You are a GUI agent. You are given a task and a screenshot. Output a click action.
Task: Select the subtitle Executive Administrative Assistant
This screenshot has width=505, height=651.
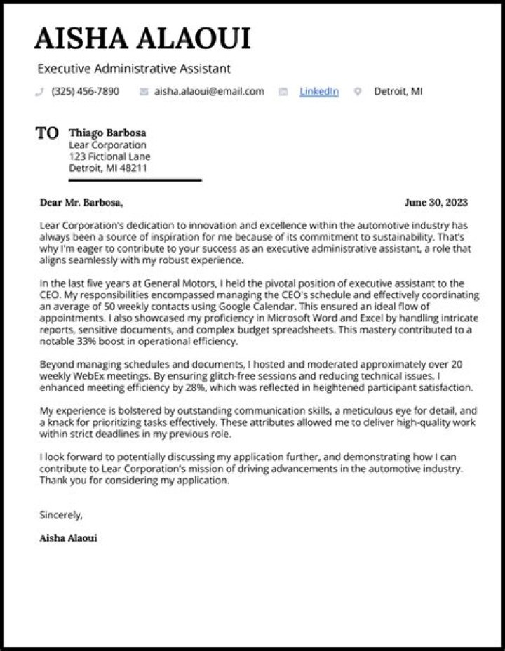coord(134,69)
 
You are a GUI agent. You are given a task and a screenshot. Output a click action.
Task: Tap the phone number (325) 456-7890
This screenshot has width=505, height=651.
coord(85,91)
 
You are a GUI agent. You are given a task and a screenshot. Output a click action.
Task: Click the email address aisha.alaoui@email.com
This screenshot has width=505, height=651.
coord(209,91)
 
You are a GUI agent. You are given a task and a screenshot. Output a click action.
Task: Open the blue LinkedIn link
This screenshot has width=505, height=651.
coord(318,91)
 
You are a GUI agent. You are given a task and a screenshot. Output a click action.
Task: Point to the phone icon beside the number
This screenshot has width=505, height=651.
coord(39,92)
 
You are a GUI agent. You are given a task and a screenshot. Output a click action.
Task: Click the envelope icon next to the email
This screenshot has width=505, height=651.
coord(144,92)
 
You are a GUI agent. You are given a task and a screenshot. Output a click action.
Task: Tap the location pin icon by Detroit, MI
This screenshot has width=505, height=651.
coord(358,92)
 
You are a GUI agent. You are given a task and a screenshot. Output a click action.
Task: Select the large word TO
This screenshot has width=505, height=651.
coord(47,133)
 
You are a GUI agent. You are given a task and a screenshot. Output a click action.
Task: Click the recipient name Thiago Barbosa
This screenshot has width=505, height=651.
coord(107,133)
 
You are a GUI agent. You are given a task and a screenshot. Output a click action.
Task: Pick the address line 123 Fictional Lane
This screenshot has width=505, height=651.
coord(109,156)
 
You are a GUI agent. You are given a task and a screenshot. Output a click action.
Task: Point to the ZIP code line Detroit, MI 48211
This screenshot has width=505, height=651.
coord(107,168)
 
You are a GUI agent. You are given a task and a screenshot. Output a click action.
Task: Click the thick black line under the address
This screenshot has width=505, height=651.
coord(119,180)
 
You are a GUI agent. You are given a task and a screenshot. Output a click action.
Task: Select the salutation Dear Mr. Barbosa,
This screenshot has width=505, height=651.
coord(81,203)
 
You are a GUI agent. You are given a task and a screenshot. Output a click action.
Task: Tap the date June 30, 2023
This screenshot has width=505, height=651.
coord(436,203)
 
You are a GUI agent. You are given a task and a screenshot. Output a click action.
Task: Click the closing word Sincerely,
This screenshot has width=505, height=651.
coord(61,515)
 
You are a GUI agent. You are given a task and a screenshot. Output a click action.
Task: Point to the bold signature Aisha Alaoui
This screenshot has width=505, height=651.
coord(69,538)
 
